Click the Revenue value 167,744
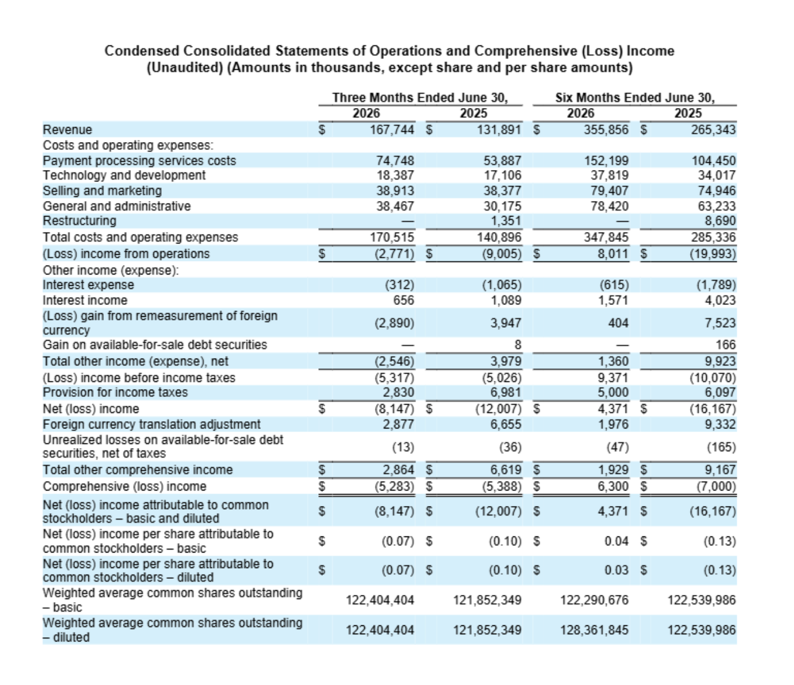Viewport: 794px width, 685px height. (x=392, y=130)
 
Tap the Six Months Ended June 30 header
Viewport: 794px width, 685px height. (x=635, y=97)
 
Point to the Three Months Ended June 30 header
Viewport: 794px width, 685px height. (x=420, y=97)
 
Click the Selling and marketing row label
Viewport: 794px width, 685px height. (x=102, y=191)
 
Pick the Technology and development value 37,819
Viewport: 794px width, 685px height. (x=610, y=175)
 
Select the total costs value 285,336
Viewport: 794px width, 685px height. (x=714, y=237)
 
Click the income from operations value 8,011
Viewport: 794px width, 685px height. (x=613, y=254)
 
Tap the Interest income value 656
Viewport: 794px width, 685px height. (x=404, y=300)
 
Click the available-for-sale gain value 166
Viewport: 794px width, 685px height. (x=725, y=344)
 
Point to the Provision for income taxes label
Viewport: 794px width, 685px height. (x=115, y=393)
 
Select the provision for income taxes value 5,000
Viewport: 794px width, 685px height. (x=613, y=393)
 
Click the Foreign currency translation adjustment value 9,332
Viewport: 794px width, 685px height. (x=720, y=424)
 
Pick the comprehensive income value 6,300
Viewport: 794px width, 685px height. (x=613, y=486)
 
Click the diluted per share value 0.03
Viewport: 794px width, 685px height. (x=617, y=570)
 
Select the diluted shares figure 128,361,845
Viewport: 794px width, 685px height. (x=594, y=630)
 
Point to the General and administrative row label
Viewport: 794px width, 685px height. (x=117, y=206)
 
